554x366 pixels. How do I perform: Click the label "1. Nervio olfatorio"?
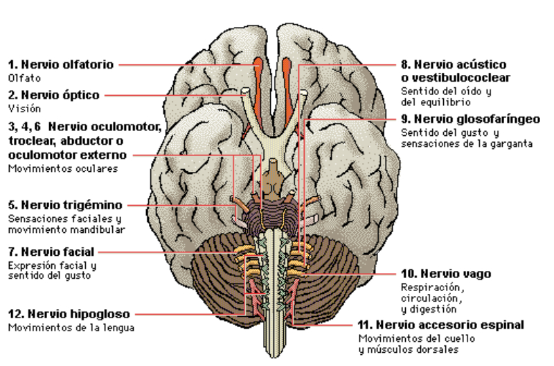[61, 64]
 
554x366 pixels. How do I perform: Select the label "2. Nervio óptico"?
[54, 95]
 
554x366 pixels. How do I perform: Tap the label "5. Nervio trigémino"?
[65, 205]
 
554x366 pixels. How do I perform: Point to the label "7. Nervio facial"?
[51, 252]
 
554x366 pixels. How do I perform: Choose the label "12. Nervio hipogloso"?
[69, 314]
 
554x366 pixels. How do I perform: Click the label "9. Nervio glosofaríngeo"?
[470, 119]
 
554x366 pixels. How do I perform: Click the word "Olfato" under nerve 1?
[21, 78]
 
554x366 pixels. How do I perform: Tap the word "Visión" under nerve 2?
[21, 108]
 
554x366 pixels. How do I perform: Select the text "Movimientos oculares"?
[63, 168]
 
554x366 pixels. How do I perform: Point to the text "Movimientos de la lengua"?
[71, 327]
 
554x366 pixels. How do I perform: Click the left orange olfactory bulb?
[258, 69]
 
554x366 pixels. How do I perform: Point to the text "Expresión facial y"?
[53, 265]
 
